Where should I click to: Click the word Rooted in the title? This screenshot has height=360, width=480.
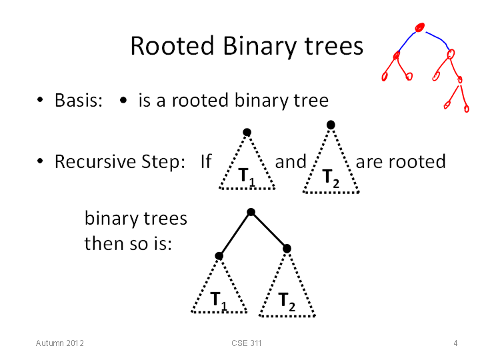pos(172,45)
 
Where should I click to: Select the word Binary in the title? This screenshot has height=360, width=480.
pos(260,47)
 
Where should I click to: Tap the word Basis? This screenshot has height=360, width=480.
pos(79,100)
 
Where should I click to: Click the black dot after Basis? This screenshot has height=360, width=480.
pos(123,100)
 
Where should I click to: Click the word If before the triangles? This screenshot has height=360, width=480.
pos(206,161)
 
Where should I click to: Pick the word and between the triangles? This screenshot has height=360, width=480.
pos(291,161)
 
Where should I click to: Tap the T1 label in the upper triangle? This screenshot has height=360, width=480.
pos(247,177)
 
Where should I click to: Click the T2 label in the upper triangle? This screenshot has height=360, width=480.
pos(331,179)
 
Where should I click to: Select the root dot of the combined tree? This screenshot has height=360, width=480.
pos(251,212)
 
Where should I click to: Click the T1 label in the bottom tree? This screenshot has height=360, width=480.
pos(219,301)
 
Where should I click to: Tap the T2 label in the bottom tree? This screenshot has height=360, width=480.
pos(287,302)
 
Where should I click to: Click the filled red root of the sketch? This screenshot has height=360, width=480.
pos(420,27)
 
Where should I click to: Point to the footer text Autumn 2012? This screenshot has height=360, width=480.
pos(60,343)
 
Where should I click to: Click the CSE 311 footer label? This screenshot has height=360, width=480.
pos(247,343)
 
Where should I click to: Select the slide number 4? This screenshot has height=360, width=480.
pos(455,343)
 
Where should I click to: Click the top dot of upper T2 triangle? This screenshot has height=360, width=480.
pos(331,125)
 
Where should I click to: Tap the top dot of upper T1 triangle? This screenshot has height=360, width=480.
pos(247,132)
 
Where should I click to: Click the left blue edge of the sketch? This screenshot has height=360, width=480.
pos(407,41)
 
